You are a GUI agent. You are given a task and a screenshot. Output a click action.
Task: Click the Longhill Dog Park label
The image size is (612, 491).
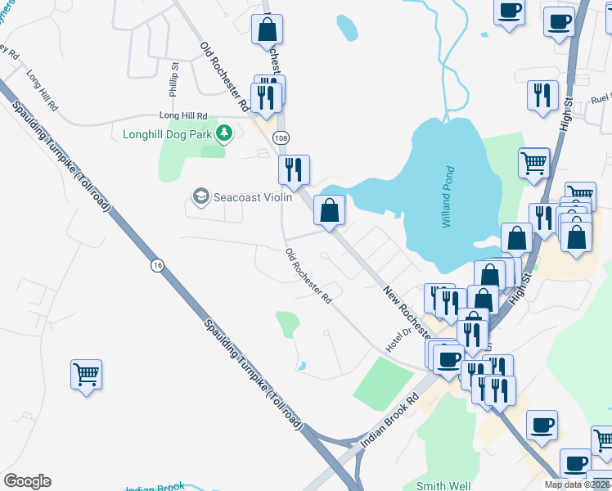tap(167, 133)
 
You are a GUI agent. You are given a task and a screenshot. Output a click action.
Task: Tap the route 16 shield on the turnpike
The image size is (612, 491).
tap(157, 264)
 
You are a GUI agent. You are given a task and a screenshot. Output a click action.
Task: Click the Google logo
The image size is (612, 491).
tap(27, 481)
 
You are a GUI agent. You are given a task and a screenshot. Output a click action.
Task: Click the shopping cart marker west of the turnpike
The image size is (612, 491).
tap(86, 375)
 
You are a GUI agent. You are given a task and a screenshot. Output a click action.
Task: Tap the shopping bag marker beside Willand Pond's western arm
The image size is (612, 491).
tap(329, 210)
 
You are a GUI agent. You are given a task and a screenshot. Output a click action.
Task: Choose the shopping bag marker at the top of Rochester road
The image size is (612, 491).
tap(267, 29)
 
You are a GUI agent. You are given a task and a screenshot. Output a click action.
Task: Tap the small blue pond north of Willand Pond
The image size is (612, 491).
tap(347, 28)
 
